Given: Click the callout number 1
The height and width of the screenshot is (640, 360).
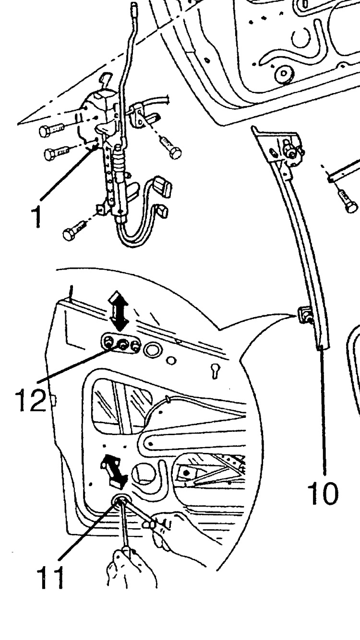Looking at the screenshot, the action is [36, 217].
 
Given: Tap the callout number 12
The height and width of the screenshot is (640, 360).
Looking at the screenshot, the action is [31, 400].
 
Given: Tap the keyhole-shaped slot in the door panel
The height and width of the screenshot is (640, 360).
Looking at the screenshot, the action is [215, 370].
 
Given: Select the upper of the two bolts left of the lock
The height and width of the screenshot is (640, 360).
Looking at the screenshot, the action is [51, 130].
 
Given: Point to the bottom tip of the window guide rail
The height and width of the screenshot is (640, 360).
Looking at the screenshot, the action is [324, 348].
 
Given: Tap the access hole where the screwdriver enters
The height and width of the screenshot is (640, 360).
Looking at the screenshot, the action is [119, 507].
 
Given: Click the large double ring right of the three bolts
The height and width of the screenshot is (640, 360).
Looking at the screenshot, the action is [153, 349].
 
